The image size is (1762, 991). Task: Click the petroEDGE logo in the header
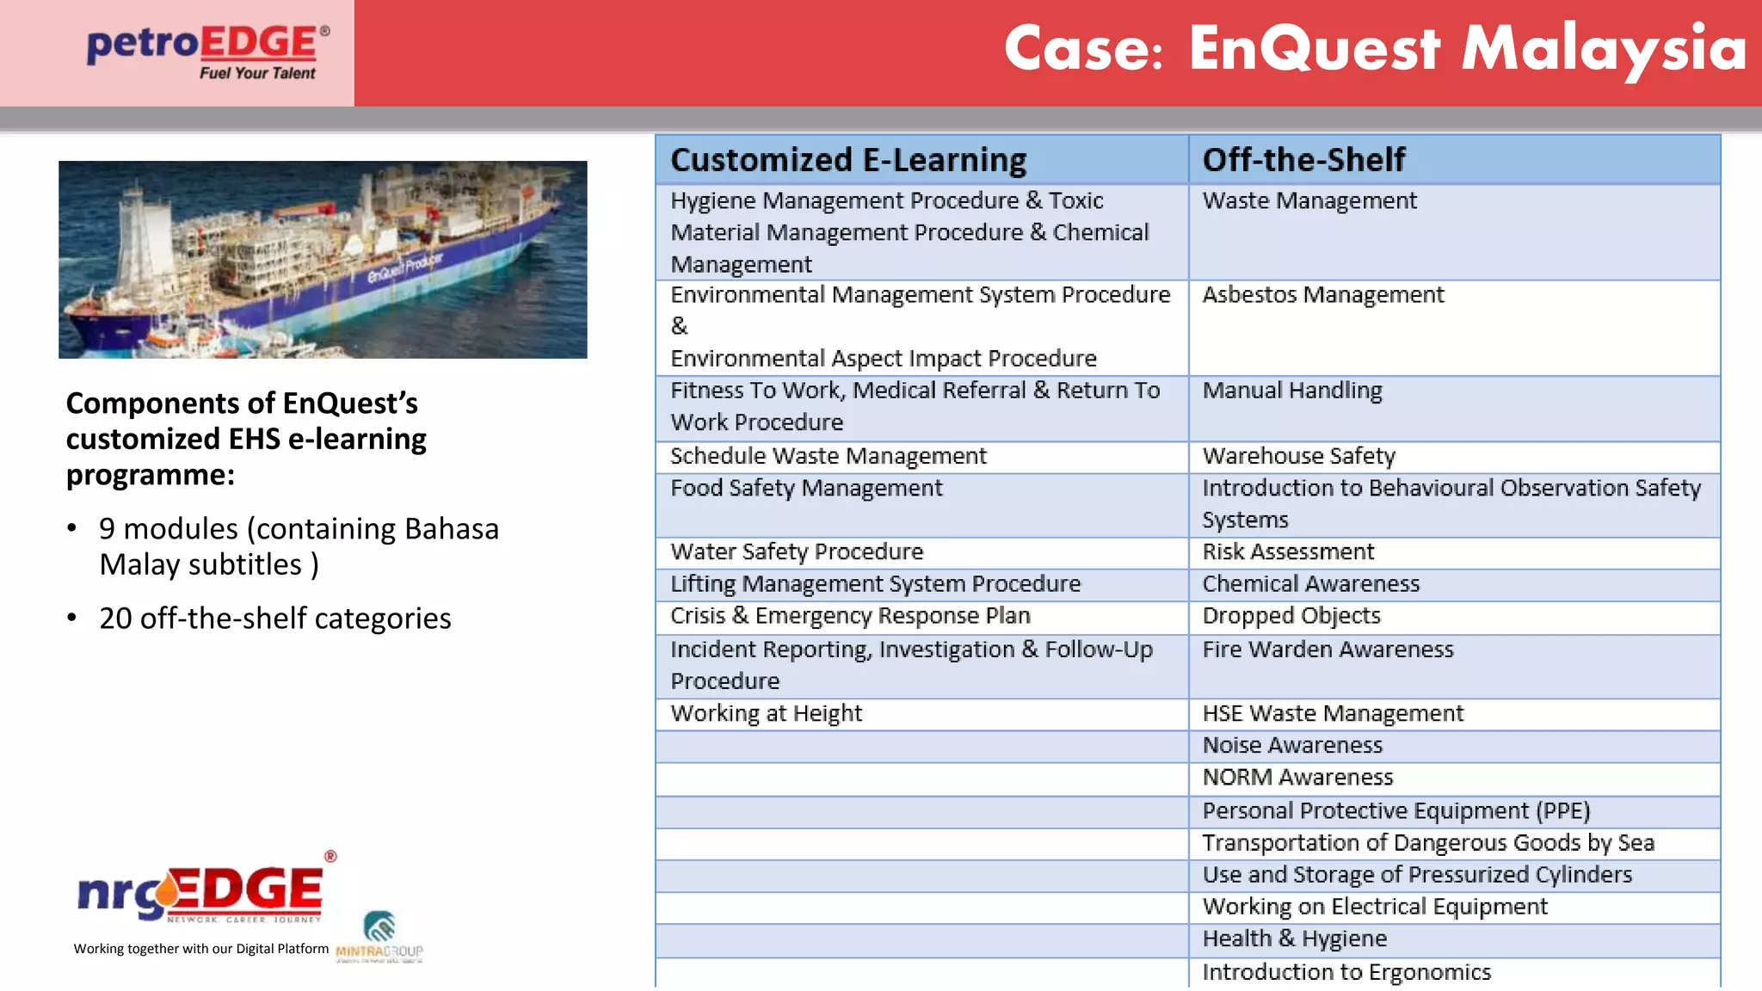[x=207, y=52]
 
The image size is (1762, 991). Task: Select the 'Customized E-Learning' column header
[x=848, y=160]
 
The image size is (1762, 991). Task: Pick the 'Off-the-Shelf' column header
[x=1303, y=160]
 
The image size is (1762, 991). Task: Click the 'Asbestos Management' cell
[x=1322, y=295]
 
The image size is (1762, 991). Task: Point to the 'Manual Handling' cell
[x=1291, y=391]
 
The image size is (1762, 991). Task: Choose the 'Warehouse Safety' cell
[x=1298, y=456]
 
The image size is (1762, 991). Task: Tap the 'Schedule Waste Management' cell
[x=828, y=456]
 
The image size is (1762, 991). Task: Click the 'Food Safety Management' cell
[x=806, y=489]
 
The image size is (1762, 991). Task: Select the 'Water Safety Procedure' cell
[x=797, y=551]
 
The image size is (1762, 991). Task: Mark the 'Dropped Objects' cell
[x=1291, y=616]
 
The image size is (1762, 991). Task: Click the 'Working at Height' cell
[x=766, y=713]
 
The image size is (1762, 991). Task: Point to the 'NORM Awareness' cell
[x=1297, y=778]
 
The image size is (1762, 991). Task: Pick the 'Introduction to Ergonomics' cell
[x=1346, y=972]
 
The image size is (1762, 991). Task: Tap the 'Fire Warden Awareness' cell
[x=1328, y=649]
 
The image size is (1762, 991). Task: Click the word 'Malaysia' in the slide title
[x=1604, y=48]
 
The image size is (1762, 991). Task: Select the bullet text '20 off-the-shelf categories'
[x=274, y=619]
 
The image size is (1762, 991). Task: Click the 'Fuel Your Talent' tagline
[x=257, y=74]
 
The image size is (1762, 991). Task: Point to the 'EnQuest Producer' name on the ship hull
[x=404, y=268]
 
